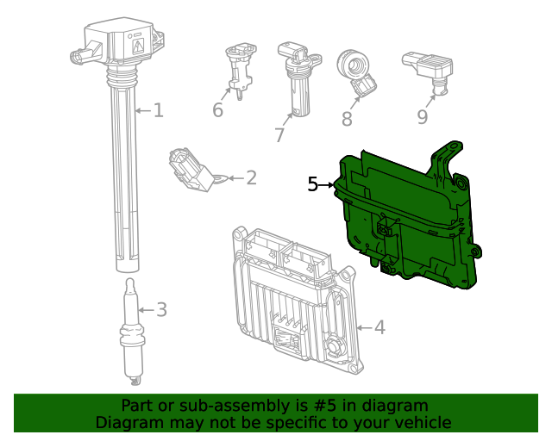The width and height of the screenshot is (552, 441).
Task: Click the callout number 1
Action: click(x=158, y=110)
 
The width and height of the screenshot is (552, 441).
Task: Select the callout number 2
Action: click(x=251, y=178)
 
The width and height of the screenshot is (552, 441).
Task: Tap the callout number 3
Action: click(x=161, y=310)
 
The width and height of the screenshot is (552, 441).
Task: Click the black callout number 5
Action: click(x=313, y=183)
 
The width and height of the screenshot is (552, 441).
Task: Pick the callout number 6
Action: click(x=217, y=110)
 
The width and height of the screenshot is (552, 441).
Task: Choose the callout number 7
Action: click(x=279, y=135)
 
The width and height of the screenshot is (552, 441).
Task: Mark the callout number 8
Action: click(x=347, y=120)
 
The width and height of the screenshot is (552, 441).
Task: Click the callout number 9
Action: click(x=423, y=116)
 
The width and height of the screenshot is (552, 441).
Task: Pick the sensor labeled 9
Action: click(x=428, y=70)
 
